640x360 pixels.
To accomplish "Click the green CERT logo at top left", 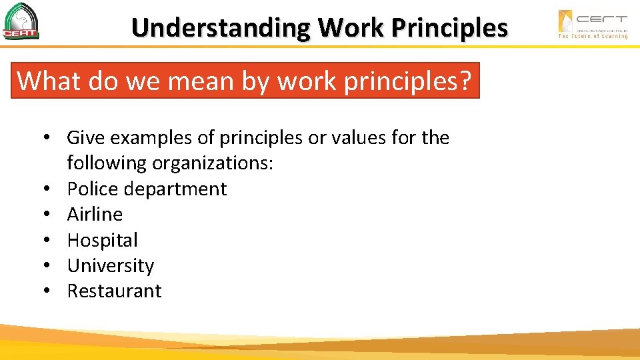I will (x=21, y=22).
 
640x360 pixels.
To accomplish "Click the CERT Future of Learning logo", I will (x=592, y=24).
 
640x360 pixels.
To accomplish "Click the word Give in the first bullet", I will (x=85, y=138).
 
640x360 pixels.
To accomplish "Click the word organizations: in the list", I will (x=213, y=163).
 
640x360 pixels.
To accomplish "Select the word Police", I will (x=95, y=189).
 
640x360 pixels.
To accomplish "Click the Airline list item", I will (x=95, y=214).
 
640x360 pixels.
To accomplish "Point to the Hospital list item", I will (x=102, y=240).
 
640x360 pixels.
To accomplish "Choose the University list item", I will (x=110, y=265).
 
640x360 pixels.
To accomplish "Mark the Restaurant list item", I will (x=114, y=291).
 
